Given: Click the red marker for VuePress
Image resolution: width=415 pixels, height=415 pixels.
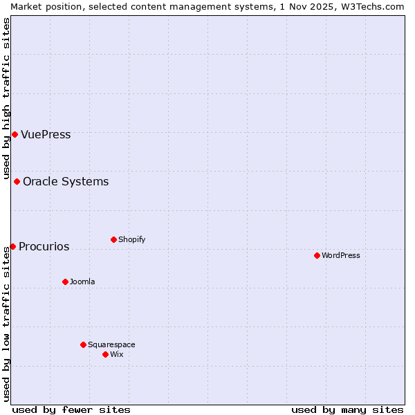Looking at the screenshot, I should click(15, 134).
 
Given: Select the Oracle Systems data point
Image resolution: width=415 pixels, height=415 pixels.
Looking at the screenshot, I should click(17, 182).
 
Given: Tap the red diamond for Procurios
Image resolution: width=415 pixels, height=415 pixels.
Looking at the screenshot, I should click(12, 246).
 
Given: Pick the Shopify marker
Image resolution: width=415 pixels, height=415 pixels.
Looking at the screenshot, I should click(113, 240).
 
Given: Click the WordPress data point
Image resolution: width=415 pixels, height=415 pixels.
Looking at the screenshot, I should click(317, 255).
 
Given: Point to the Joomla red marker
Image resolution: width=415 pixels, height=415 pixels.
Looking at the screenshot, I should click(65, 282).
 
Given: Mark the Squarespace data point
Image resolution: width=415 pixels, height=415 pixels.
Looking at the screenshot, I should click(83, 344).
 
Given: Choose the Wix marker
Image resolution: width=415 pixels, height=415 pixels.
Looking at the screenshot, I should click(105, 354).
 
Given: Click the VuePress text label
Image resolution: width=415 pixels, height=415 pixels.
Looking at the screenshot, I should click(46, 134).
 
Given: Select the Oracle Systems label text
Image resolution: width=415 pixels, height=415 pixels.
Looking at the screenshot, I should click(66, 182).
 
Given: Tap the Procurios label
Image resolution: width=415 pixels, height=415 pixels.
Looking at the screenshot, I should click(44, 246).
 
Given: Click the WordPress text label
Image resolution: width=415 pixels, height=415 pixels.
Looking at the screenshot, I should click(341, 255).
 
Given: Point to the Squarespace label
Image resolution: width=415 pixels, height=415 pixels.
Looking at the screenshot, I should click(111, 344).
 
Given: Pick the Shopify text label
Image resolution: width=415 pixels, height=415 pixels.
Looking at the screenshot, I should click(131, 240).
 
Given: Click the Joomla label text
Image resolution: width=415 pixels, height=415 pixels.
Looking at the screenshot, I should click(82, 282).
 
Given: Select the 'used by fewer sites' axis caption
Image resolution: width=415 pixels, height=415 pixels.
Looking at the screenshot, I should click(71, 409).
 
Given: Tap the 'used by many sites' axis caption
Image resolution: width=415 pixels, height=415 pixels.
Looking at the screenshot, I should click(347, 409).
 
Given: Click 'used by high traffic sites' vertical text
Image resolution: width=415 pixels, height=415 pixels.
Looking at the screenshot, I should click(6, 97).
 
